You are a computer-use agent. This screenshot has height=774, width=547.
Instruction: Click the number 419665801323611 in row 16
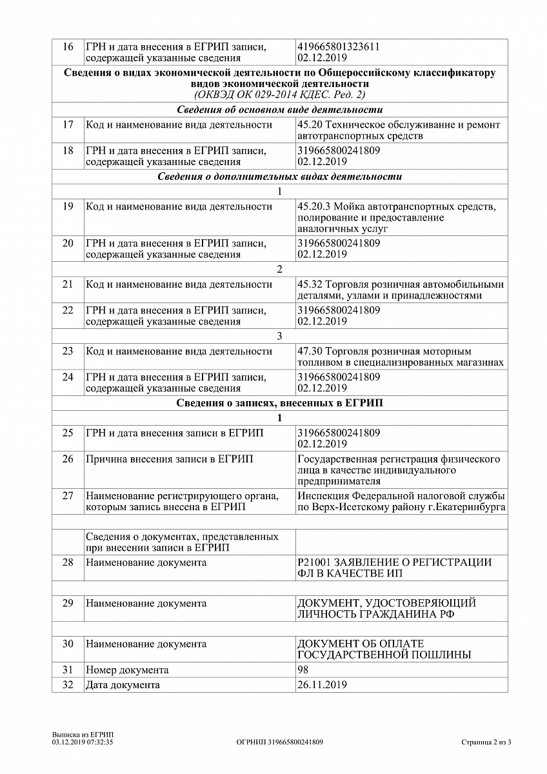(x=338, y=46)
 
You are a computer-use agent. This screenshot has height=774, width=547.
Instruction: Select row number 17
(x=68, y=124)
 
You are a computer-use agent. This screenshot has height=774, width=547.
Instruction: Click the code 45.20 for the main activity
(x=309, y=124)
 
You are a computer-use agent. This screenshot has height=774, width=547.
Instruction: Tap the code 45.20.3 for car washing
(x=313, y=206)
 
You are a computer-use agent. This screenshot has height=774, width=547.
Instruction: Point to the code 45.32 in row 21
(x=310, y=284)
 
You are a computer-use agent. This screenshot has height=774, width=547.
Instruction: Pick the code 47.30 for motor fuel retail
(x=310, y=352)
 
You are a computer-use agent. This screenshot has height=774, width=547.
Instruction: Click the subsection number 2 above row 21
(x=279, y=269)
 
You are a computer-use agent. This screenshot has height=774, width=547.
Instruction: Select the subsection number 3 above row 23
(x=279, y=336)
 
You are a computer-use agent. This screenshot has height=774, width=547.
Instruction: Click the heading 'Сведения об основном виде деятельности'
(x=279, y=109)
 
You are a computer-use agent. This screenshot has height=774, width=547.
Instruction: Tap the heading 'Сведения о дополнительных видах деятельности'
(x=279, y=176)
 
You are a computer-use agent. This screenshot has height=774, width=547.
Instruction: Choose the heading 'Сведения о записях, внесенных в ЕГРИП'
(x=279, y=403)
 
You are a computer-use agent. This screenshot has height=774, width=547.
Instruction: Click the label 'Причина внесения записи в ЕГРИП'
(x=169, y=459)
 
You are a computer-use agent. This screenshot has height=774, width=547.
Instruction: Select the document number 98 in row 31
(x=303, y=670)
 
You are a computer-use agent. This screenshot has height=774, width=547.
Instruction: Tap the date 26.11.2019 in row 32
(x=322, y=685)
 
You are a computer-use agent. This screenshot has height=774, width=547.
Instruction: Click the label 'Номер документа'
(x=127, y=670)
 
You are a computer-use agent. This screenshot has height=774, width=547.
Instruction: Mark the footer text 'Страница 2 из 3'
(x=486, y=742)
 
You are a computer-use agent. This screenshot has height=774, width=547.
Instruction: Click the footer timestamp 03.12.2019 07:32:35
(x=83, y=742)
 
